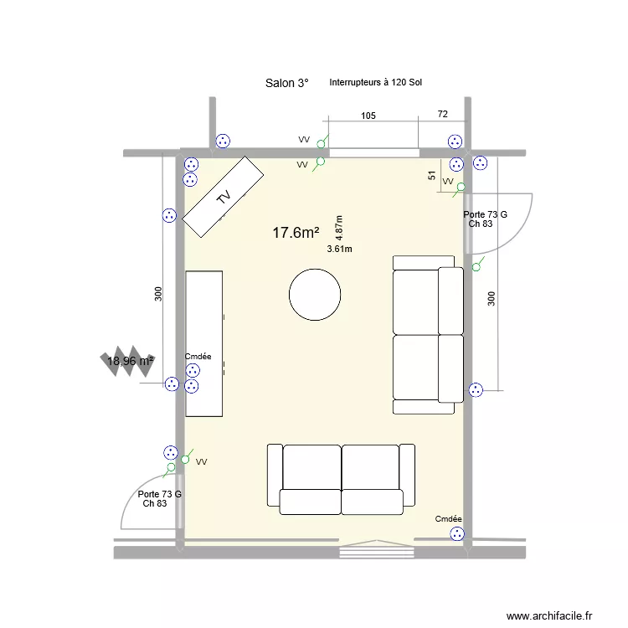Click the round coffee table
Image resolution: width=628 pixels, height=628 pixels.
point(314,294)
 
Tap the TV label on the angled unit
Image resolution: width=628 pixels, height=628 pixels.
point(224,198)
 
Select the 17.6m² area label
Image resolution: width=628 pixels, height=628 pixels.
point(296,233)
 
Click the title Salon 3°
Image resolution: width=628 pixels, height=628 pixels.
point(286,83)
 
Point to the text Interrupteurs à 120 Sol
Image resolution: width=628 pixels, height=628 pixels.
point(376,83)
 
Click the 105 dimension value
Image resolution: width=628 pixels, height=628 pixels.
point(368,116)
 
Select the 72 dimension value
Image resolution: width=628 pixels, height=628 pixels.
point(443,113)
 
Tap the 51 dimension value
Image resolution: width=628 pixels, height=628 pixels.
point(432,176)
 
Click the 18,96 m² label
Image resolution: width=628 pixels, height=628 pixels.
point(130,361)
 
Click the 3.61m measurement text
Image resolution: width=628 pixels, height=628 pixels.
point(339,249)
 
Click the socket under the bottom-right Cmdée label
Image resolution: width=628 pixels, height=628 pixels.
point(456,533)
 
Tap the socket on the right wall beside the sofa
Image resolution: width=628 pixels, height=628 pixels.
point(476,389)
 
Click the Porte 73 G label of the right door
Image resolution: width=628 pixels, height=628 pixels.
point(485,215)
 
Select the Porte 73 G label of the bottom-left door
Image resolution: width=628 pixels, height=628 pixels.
point(159,494)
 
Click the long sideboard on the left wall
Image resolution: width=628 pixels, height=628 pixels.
point(204,343)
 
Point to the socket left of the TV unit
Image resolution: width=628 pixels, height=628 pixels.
point(170,215)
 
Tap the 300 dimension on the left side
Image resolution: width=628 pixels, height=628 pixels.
point(158,294)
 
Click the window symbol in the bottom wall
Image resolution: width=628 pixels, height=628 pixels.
point(377,552)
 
